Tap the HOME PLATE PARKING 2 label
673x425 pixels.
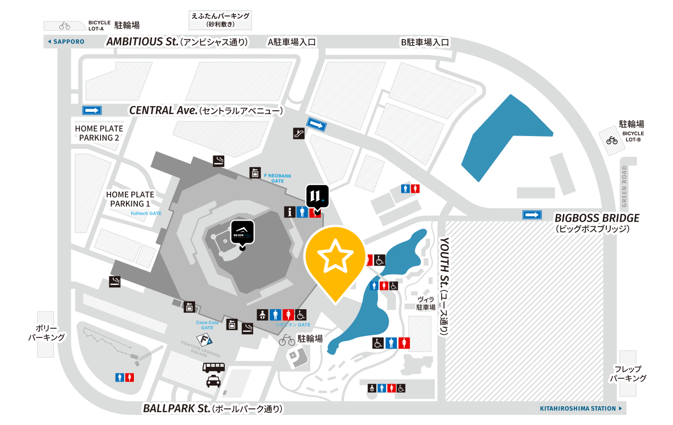click(99, 133)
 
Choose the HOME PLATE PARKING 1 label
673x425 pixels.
click(130, 199)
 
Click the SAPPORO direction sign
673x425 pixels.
click(66, 41)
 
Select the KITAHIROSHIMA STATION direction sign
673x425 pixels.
click(581, 408)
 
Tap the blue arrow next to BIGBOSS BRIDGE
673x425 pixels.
click(532, 215)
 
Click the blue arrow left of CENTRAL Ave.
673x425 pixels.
click(92, 110)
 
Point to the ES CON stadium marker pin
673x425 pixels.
click(242, 233)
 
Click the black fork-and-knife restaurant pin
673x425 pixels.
click(317, 196)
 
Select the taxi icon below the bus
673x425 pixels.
click(213, 381)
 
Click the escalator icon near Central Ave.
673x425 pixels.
click(299, 133)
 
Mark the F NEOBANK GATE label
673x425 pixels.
click(277, 178)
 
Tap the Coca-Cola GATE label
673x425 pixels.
click(207, 324)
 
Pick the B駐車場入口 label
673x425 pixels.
click(425, 42)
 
